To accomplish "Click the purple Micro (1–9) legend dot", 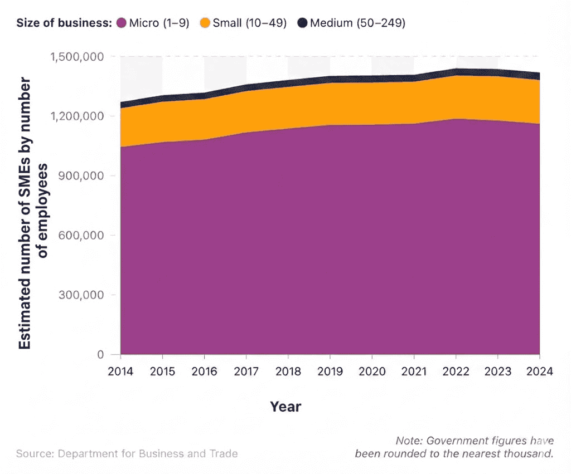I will click(x=122, y=23).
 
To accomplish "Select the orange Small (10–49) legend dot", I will click(x=205, y=23).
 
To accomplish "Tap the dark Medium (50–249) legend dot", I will click(x=302, y=23).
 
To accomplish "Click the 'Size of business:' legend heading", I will click(x=64, y=23).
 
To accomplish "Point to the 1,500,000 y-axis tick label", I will click(x=77, y=57).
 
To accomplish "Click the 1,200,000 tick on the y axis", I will click(x=77, y=116).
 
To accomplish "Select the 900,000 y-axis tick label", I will click(x=82, y=175).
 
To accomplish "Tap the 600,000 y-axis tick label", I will click(x=82, y=235).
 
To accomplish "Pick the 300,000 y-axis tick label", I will click(x=82, y=295).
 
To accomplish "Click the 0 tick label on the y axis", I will click(x=100, y=354).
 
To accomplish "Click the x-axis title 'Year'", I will click(x=285, y=407).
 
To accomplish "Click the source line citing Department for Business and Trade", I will click(x=127, y=453).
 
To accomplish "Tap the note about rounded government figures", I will click(x=454, y=447).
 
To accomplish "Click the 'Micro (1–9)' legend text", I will click(x=159, y=23).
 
